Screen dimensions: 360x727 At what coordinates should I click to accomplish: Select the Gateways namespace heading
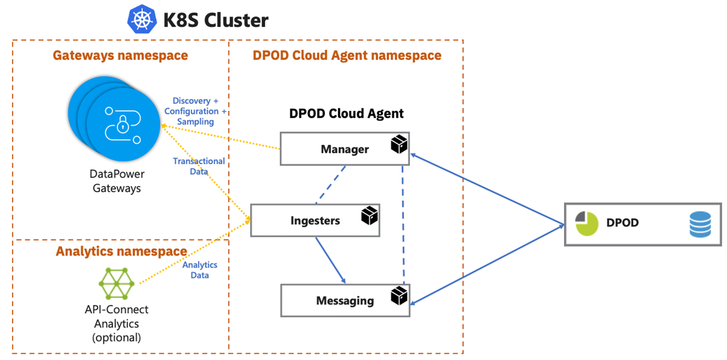click(120, 56)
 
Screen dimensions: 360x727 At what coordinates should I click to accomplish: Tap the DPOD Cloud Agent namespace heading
click(347, 56)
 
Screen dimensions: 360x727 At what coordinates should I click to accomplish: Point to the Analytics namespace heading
click(121, 251)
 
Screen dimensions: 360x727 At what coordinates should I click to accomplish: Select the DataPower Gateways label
click(117, 181)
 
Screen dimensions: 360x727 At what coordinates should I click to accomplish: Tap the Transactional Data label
click(199, 166)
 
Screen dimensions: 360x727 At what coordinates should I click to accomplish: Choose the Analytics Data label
click(199, 270)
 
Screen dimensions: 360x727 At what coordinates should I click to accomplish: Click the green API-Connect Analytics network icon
click(116, 283)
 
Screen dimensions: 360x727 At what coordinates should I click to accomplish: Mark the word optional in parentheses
click(117, 338)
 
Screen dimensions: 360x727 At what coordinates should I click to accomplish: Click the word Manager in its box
click(345, 149)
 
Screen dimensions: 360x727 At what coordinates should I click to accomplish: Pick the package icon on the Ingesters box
click(369, 215)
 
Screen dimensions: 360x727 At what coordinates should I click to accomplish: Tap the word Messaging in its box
click(345, 301)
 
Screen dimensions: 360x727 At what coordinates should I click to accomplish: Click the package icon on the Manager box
click(399, 144)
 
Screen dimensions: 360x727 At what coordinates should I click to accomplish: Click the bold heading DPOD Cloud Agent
click(346, 113)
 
